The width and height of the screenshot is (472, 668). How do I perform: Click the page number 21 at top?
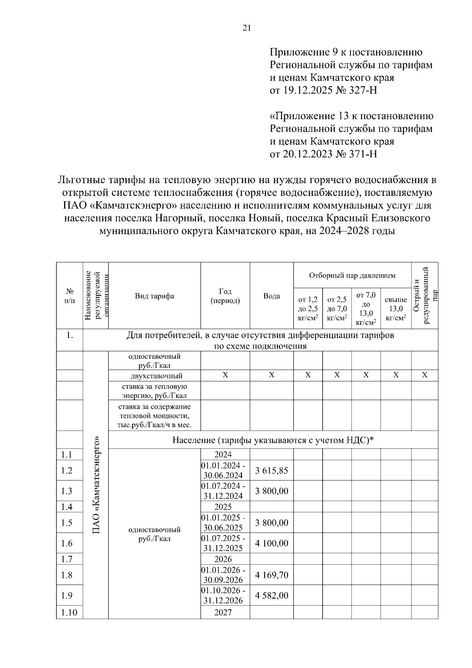click(247, 28)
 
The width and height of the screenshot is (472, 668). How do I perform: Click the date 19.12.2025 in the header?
click(306, 90)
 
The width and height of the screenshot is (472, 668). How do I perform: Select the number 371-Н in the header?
click(363, 154)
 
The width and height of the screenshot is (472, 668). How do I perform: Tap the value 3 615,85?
click(271, 471)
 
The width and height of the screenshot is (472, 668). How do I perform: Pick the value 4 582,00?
click(271, 596)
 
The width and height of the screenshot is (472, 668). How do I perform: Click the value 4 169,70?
click(271, 575)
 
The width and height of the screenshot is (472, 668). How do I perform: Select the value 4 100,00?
click(271, 543)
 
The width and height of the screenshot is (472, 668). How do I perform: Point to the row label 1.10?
click(69, 613)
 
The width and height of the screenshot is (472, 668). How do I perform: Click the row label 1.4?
click(67, 507)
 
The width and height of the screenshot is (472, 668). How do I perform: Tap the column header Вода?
click(271, 296)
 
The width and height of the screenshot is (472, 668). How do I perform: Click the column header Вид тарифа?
click(154, 296)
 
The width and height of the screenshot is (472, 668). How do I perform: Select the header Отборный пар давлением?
click(352, 275)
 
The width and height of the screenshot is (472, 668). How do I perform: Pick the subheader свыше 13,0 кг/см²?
click(396, 309)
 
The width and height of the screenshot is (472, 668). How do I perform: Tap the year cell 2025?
click(223, 507)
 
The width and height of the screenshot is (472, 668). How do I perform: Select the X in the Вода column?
click(271, 375)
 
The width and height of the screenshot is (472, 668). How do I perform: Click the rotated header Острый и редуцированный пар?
click(424, 295)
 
